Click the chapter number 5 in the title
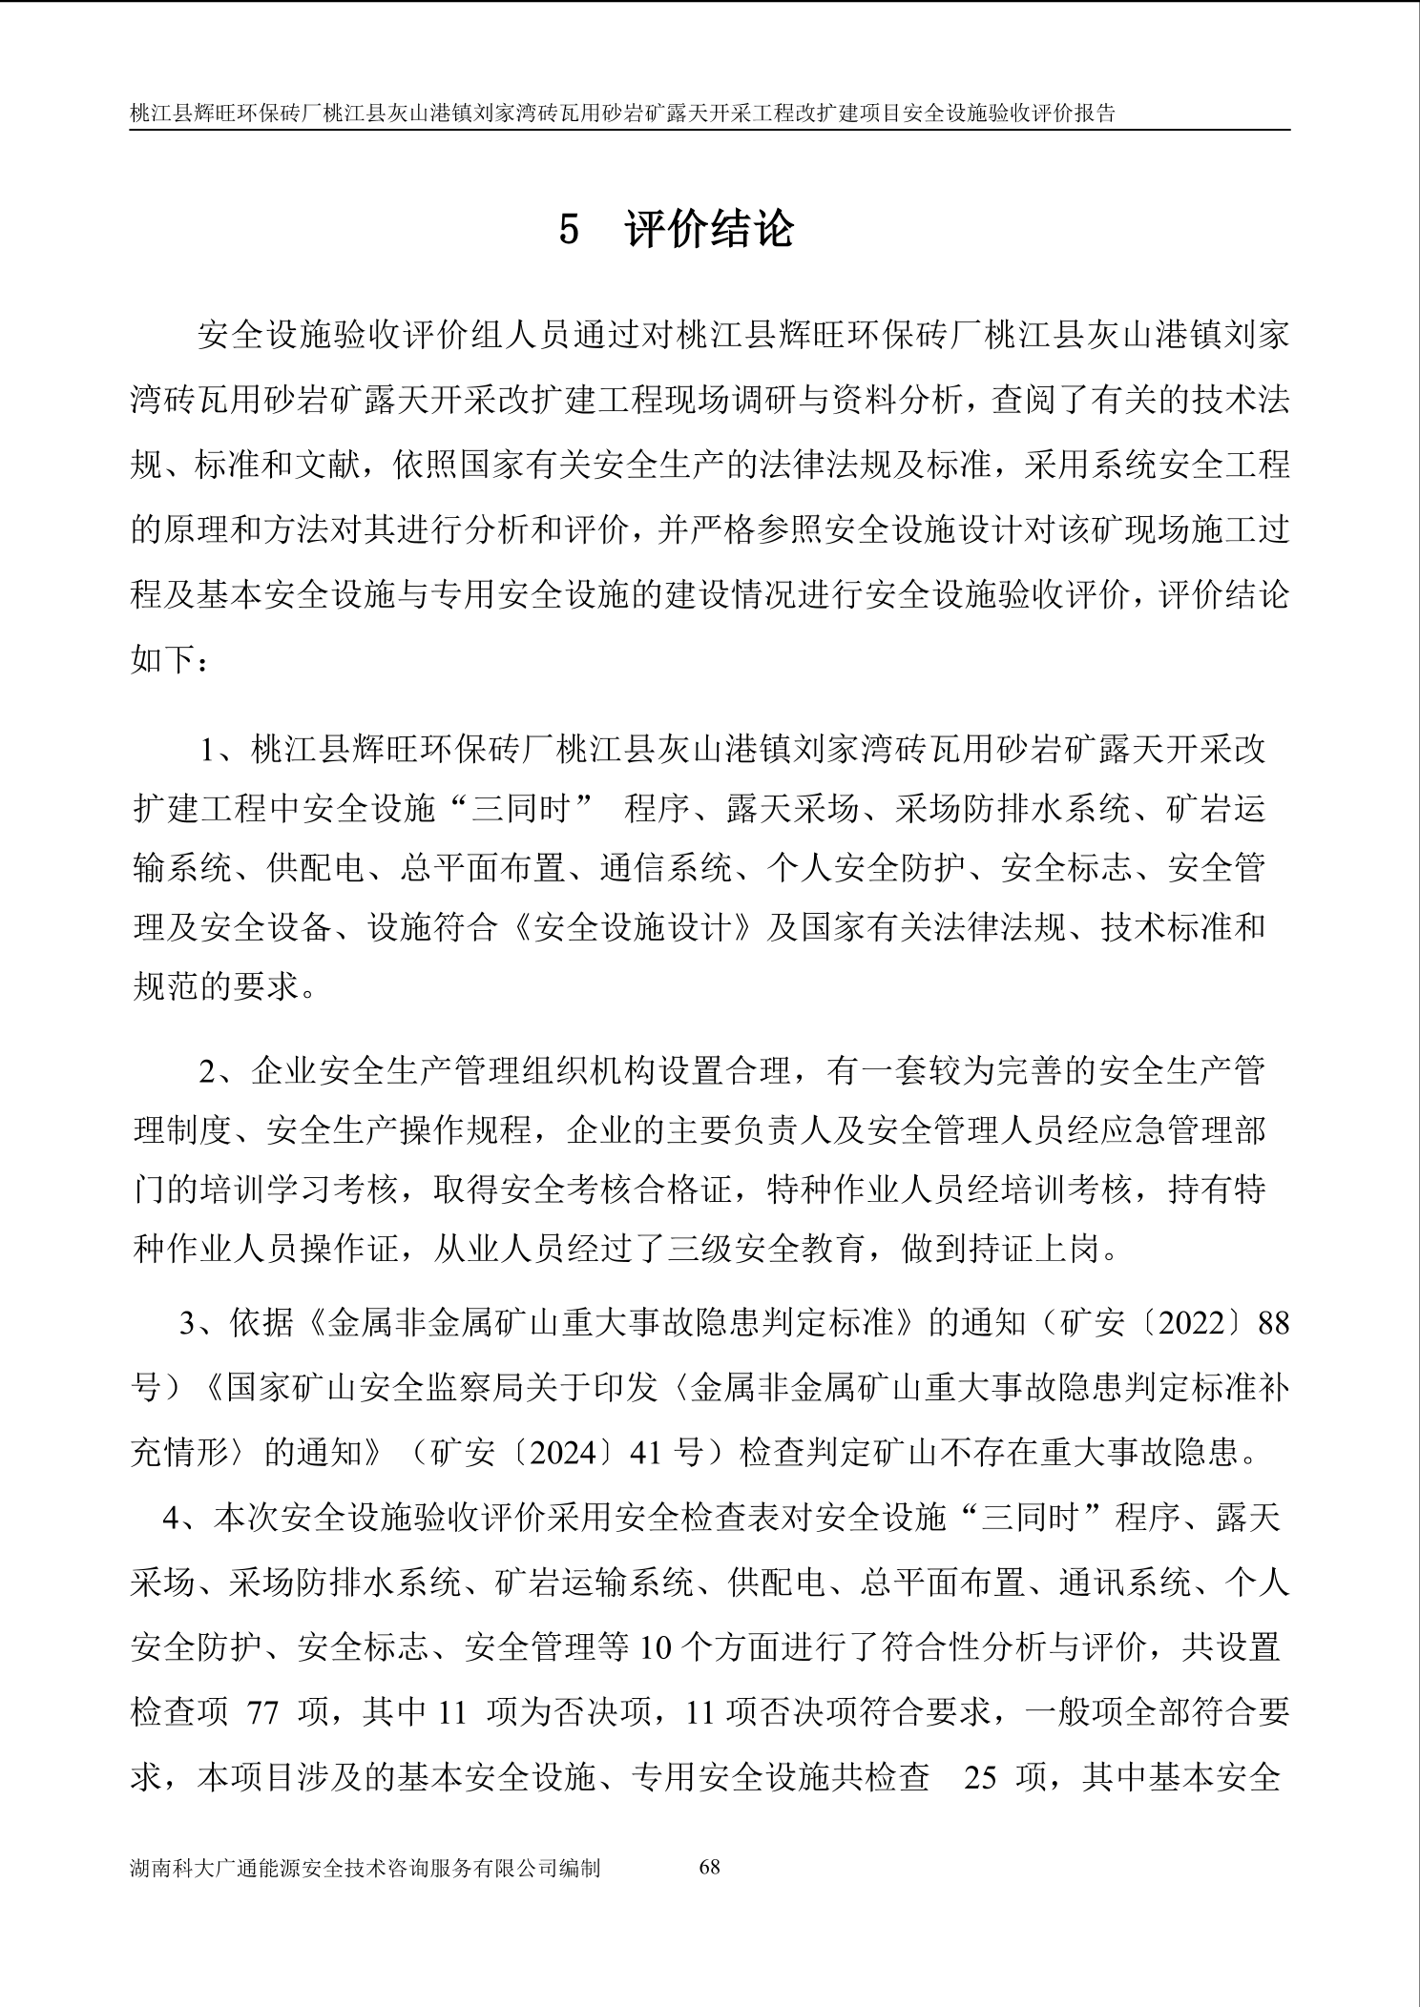(569, 231)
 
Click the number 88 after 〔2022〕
(1273, 1324)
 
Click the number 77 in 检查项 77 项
(262, 1713)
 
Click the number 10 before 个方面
(649, 1648)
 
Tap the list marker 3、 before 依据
(202, 1324)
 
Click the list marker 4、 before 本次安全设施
(185, 1519)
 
